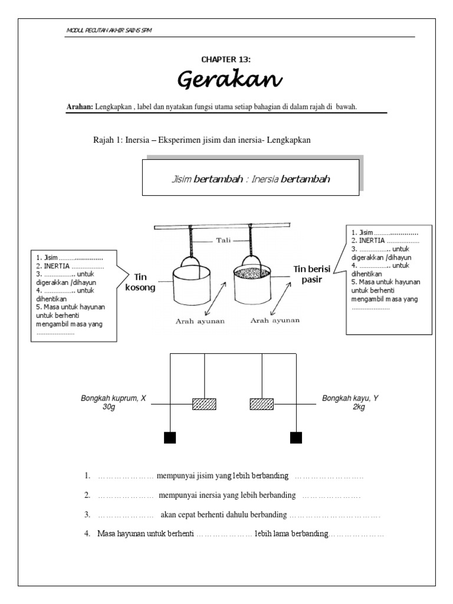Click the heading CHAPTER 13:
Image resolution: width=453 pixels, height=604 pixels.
pyautogui.click(x=226, y=60)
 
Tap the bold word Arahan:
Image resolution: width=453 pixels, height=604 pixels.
pyautogui.click(x=80, y=106)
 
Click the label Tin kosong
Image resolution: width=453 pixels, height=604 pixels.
pyautogui.click(x=140, y=282)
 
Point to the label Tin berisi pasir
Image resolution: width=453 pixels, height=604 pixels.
pyautogui.click(x=309, y=274)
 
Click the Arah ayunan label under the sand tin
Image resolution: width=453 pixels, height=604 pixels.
pyautogui.click(x=275, y=320)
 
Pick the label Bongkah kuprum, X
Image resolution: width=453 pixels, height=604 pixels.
pyautogui.click(x=113, y=399)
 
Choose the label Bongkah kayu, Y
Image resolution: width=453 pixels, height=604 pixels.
pyautogui.click(x=350, y=399)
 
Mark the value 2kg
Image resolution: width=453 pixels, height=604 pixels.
pyautogui.click(x=359, y=408)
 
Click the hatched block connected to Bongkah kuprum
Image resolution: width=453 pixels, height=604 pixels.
pyautogui.click(x=204, y=404)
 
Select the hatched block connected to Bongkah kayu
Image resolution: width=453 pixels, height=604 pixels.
pyautogui.click(x=261, y=404)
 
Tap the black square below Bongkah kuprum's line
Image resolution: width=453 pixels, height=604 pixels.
pyautogui.click(x=170, y=437)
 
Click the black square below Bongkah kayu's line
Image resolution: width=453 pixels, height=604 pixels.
pyautogui.click(x=296, y=437)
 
